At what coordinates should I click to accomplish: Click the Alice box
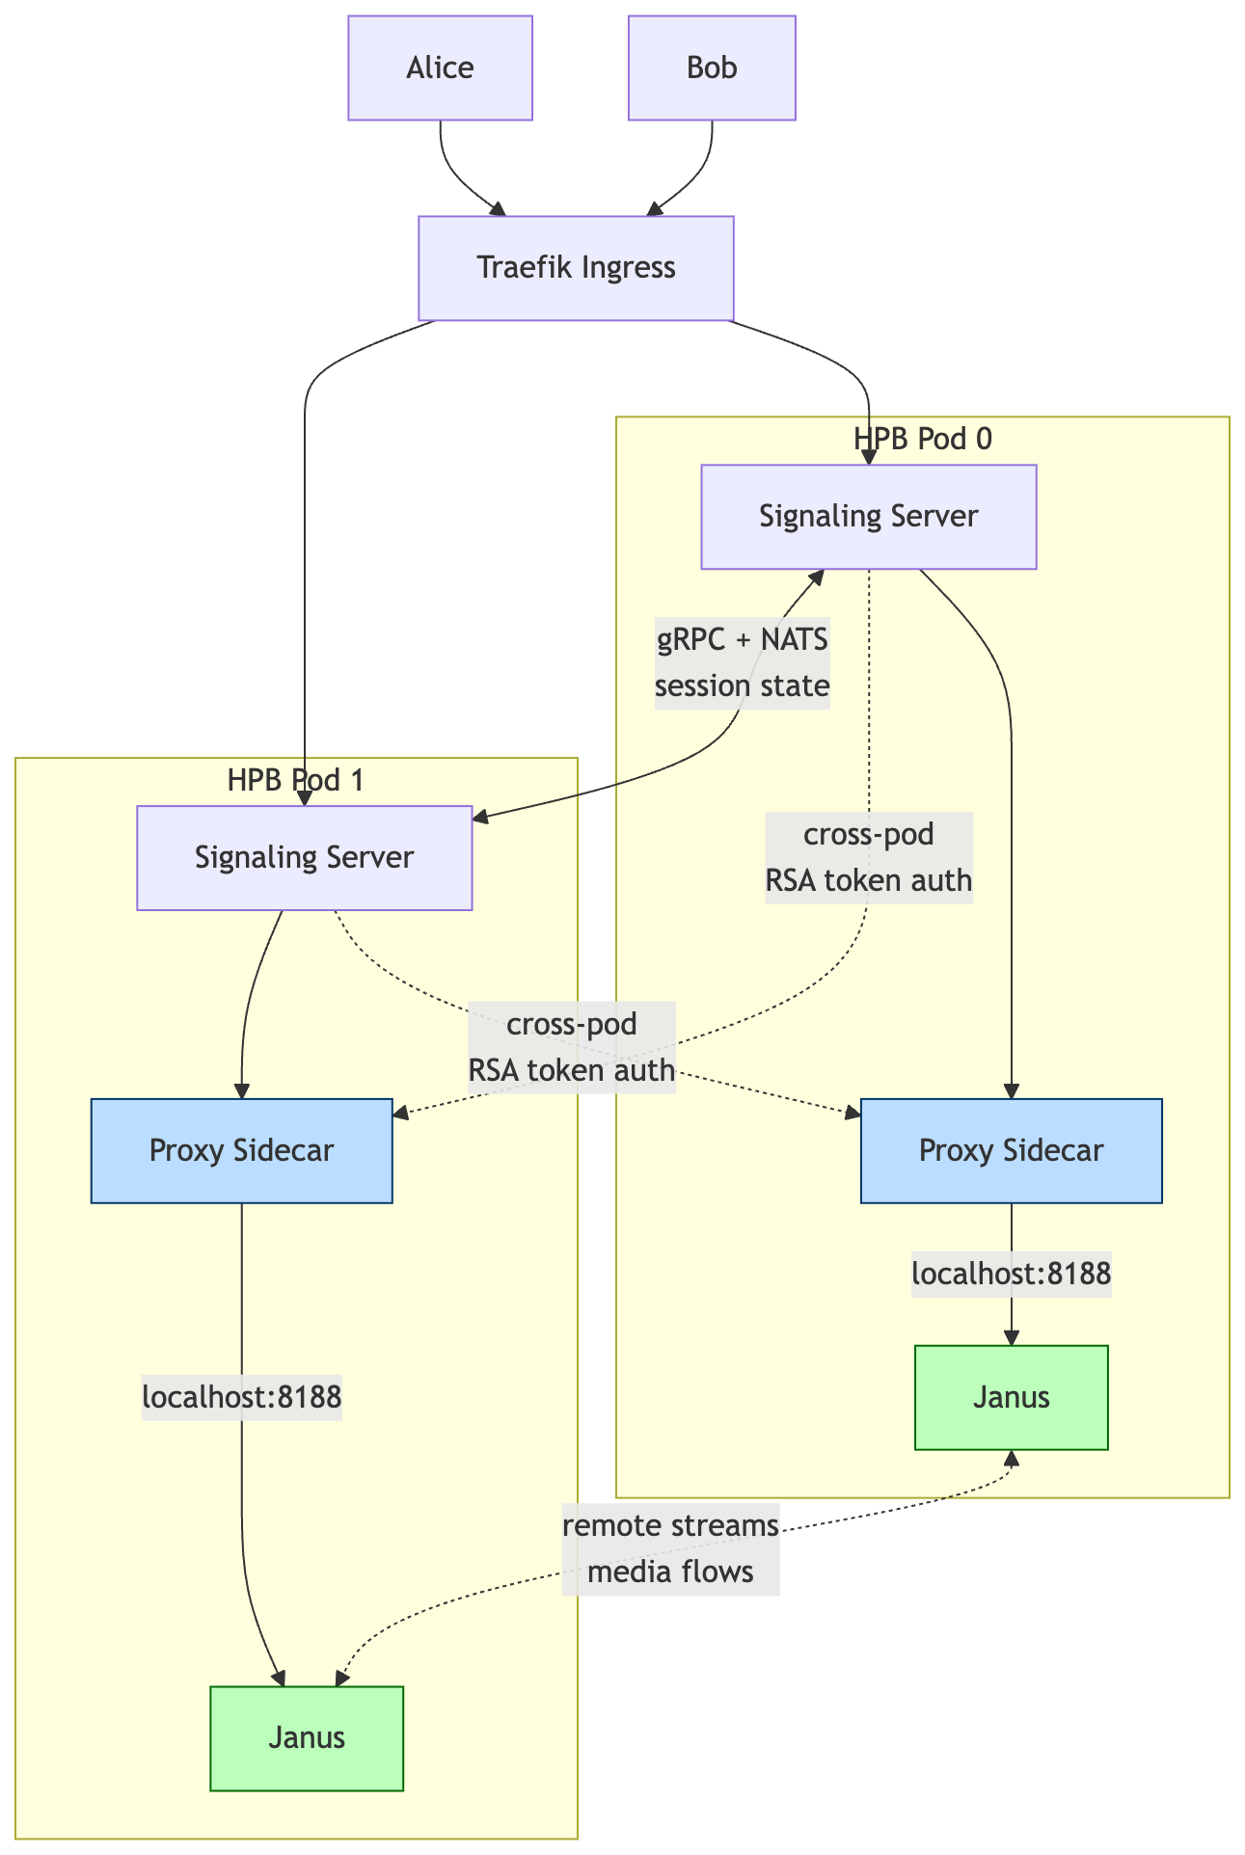click(x=440, y=67)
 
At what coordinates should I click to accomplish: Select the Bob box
click(x=712, y=67)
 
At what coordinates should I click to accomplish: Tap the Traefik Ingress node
click(x=576, y=267)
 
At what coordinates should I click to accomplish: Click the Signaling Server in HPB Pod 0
click(x=868, y=517)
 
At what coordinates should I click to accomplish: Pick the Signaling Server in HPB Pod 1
click(x=304, y=857)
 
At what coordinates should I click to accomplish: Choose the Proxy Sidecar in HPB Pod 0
click(x=1011, y=1150)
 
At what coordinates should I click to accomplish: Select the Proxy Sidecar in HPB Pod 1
click(x=241, y=1150)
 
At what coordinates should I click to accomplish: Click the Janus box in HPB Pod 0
click(x=1011, y=1397)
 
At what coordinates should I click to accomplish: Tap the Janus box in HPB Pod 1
click(x=307, y=1737)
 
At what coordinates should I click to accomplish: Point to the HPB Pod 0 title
click(x=923, y=439)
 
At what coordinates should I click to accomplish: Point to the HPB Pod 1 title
click(x=295, y=780)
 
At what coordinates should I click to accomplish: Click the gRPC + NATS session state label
click(x=742, y=662)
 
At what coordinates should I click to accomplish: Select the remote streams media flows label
click(x=670, y=1548)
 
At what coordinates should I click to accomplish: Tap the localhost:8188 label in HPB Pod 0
click(x=1011, y=1274)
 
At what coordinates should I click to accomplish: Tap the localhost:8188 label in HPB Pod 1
click(x=241, y=1397)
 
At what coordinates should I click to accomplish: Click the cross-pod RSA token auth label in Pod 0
click(x=868, y=857)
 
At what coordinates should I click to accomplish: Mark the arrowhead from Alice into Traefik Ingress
click(x=498, y=209)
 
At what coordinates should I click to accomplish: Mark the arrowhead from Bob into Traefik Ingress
click(x=654, y=209)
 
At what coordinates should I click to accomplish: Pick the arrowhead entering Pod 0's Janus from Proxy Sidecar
click(x=1011, y=1338)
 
